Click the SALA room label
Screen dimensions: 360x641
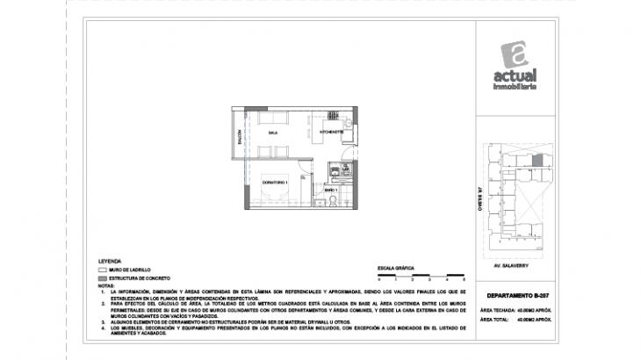point(273,133)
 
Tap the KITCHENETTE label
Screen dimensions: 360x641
point(331,133)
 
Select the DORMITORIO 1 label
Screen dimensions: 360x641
point(275,182)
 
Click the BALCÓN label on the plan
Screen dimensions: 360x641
point(239,138)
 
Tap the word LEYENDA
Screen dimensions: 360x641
point(111,261)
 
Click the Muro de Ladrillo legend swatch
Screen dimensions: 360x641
point(103,270)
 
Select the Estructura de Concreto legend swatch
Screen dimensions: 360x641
point(103,277)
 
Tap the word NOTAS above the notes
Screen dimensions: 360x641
point(106,284)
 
